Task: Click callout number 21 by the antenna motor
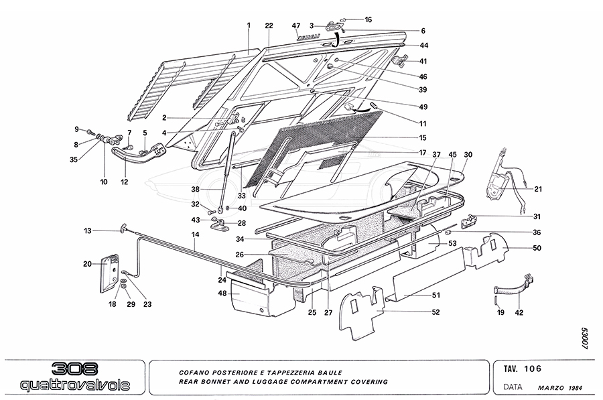(538, 189)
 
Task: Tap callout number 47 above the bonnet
(295, 25)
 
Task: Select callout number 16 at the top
(368, 20)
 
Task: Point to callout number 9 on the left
(76, 129)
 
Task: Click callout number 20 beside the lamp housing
(87, 264)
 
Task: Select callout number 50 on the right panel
(537, 249)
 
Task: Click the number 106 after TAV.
(533, 368)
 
